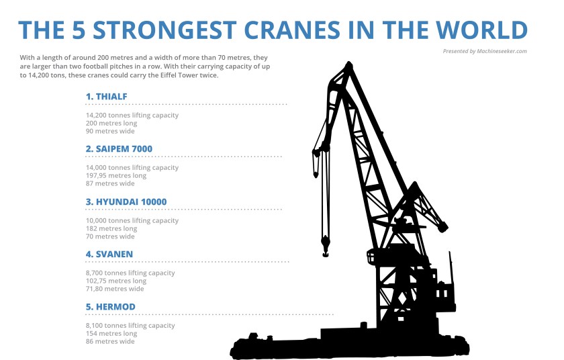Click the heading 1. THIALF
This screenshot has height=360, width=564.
tap(106, 97)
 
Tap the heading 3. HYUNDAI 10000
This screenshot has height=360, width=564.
tap(126, 201)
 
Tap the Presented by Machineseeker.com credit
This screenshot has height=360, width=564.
tap(485, 51)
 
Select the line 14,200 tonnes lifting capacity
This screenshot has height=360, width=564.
tap(132, 116)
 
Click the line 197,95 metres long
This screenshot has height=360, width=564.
tap(116, 175)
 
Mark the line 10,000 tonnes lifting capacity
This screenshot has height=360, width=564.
tap(132, 220)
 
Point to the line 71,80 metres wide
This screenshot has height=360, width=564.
tap(115, 289)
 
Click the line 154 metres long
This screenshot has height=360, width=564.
tap(111, 333)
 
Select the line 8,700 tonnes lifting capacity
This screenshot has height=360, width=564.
tap(130, 273)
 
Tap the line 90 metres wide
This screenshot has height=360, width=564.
tap(110, 131)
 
